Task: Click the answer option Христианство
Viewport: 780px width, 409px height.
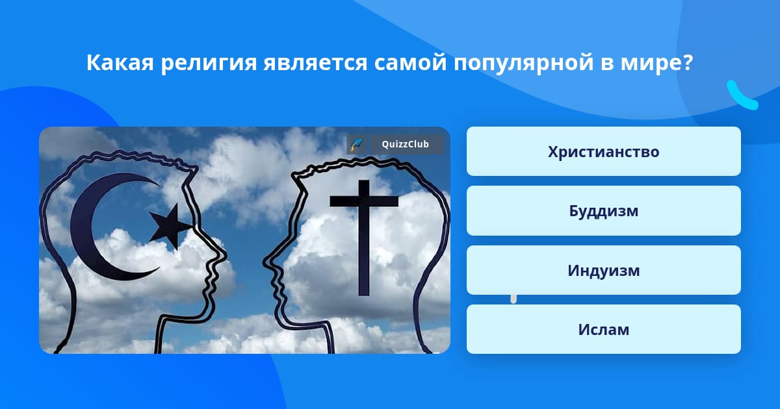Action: coord(603,151)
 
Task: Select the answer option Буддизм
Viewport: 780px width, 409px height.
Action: coord(603,211)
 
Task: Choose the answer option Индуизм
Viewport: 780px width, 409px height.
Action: coord(603,270)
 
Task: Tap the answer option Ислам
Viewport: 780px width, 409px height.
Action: coord(603,329)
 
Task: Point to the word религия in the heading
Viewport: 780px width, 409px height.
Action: coord(208,64)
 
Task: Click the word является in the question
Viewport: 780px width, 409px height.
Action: coord(315,64)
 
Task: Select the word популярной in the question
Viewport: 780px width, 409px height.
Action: coord(523,64)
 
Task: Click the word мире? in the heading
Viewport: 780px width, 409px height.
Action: coord(657,64)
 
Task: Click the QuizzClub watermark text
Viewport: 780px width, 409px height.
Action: coord(406,144)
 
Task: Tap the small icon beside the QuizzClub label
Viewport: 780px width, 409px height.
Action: coord(357,144)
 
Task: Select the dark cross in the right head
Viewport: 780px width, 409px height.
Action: coord(364,238)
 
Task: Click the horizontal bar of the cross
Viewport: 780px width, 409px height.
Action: coord(364,201)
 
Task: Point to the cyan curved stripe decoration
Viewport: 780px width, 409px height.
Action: coord(741,96)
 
